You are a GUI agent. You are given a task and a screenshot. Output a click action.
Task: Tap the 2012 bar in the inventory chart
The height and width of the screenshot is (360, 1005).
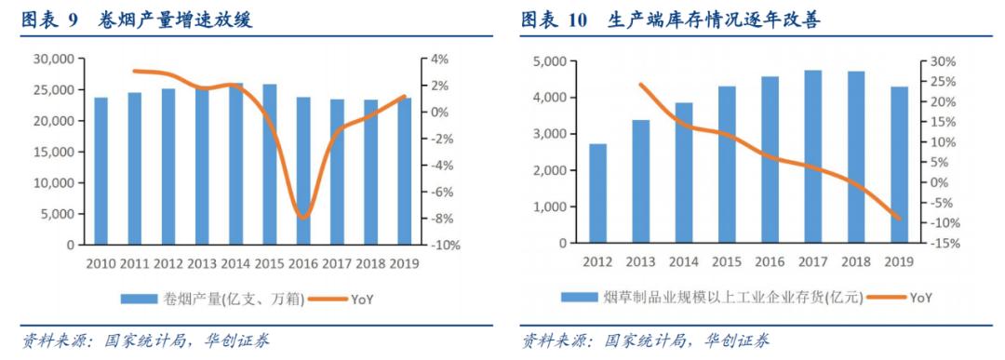598,193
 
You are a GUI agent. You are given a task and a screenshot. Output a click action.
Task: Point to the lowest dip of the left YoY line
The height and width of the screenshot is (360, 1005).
303,218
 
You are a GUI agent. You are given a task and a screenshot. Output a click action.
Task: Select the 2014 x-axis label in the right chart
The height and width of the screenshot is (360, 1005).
684,262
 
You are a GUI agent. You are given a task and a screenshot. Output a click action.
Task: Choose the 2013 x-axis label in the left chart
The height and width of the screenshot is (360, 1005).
203,263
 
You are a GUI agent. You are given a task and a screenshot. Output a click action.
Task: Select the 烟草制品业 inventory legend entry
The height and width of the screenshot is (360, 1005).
712,298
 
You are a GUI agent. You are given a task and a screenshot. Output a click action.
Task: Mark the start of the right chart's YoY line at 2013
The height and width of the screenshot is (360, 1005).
641,85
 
